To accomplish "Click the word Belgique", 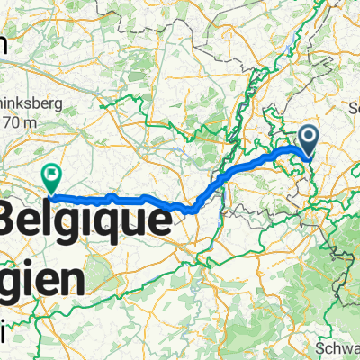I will coord(86,221).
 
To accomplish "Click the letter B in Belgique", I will coord(14,221).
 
